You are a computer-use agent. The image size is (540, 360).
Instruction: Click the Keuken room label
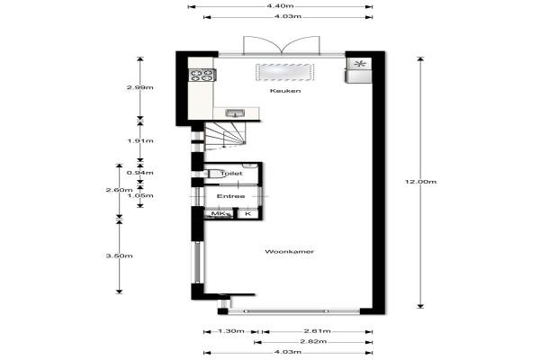tap(285, 91)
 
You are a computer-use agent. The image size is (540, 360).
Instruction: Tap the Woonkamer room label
tap(289, 251)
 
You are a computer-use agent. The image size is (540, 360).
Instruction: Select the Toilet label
tap(231, 174)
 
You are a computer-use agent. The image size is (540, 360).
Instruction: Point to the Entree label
tap(230, 196)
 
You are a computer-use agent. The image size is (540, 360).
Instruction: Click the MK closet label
tap(219, 214)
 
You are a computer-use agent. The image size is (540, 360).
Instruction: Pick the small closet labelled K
tap(248, 214)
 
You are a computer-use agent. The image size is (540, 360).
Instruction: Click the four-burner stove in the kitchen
tap(202, 75)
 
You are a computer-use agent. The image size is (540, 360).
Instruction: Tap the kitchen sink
tap(235, 113)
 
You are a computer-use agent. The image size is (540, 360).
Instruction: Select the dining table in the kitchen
tap(284, 72)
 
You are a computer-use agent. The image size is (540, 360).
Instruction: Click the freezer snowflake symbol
tap(359, 64)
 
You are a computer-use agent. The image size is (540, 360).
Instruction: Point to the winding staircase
tap(225, 137)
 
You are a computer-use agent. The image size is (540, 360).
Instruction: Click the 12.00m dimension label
tap(420, 182)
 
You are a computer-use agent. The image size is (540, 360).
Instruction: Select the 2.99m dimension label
tap(139, 87)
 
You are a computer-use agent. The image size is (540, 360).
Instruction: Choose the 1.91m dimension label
tap(140, 141)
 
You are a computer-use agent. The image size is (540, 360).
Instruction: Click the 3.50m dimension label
tap(119, 256)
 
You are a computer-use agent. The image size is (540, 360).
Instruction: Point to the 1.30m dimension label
tap(231, 331)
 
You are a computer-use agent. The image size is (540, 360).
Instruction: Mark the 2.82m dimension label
tap(313, 341)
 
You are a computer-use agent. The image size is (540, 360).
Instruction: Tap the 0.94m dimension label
tap(140, 173)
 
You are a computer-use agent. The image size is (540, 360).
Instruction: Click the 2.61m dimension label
tap(317, 331)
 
